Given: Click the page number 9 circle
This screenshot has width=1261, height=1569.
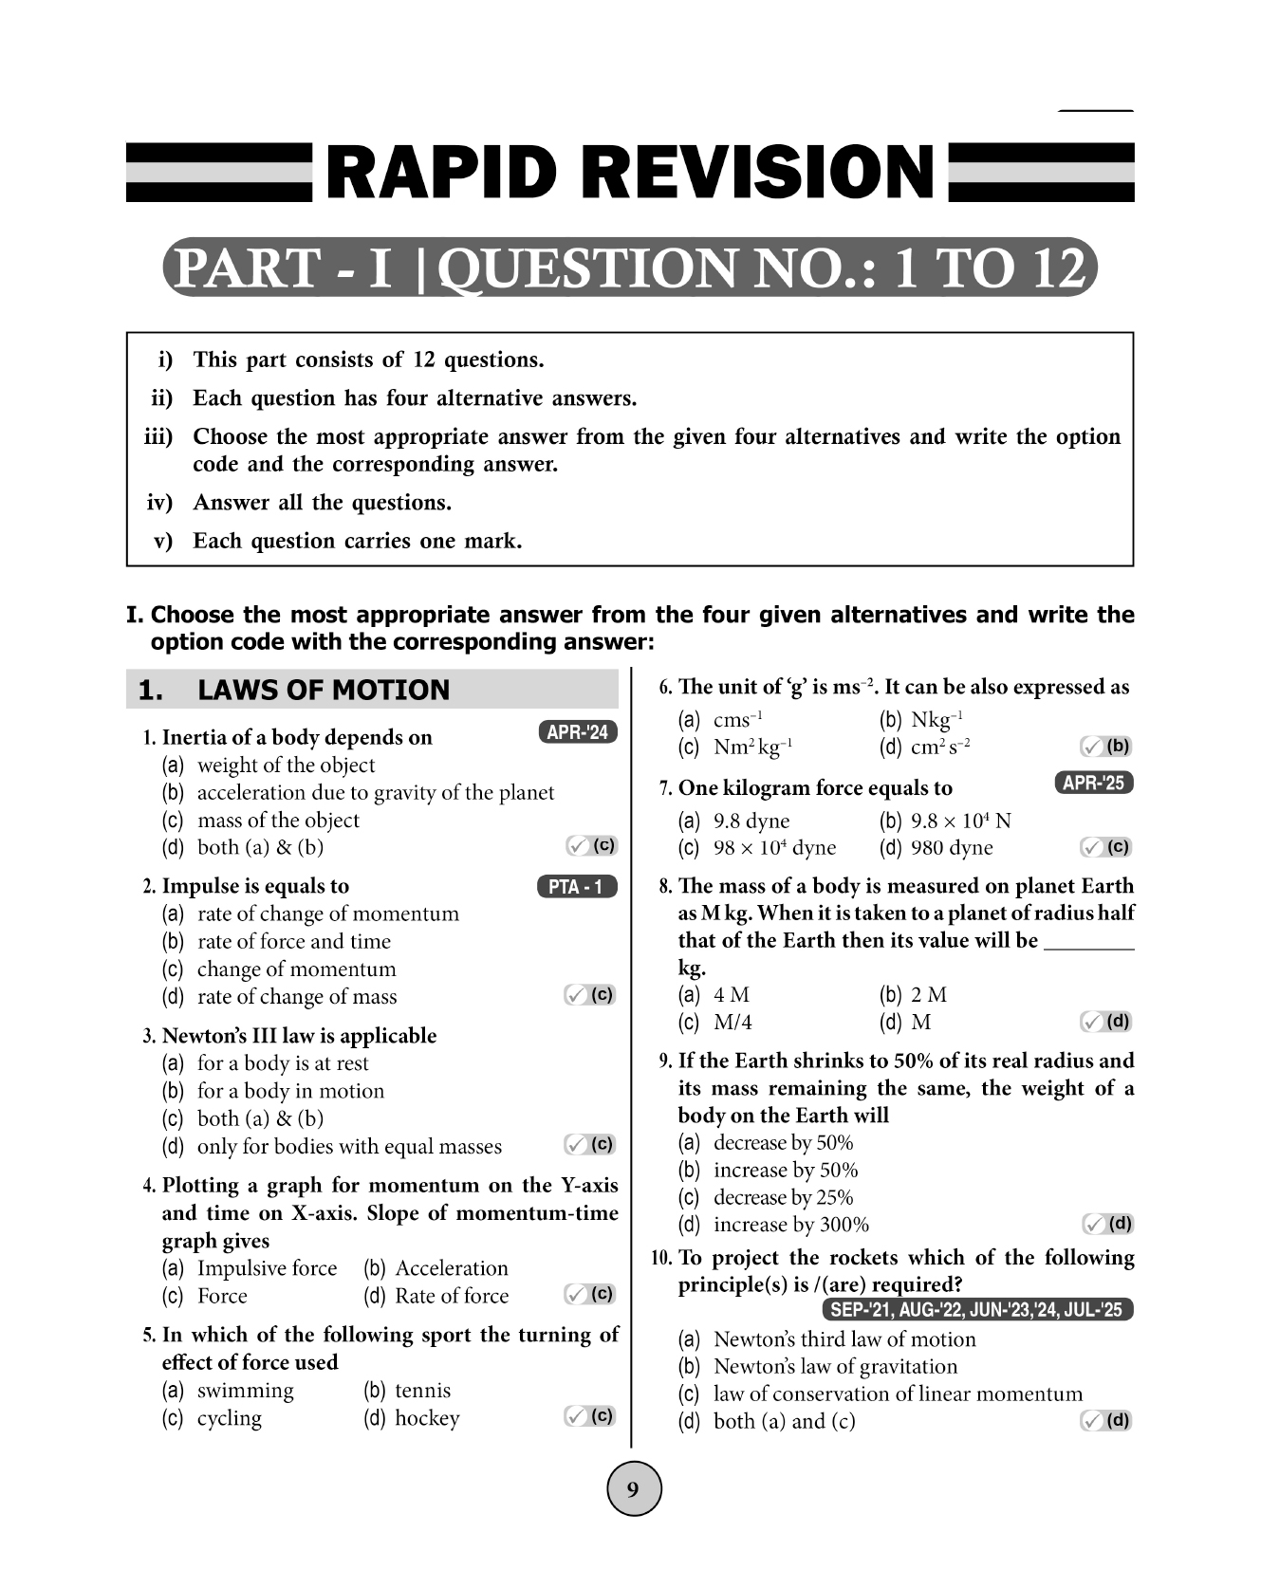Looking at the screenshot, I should tap(633, 1488).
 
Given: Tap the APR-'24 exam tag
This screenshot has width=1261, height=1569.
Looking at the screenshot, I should tap(577, 732).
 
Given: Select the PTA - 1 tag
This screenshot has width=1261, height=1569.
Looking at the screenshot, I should tap(576, 887).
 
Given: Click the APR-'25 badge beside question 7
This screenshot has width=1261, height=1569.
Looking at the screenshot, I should tap(1093, 783).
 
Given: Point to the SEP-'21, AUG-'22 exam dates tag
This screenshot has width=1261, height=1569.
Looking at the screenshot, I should tap(976, 1310).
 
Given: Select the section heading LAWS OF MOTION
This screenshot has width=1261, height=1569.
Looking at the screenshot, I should tap(323, 690).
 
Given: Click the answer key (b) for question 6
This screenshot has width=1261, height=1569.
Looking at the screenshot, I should tap(1106, 747).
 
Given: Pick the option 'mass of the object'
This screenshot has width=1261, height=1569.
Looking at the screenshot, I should tap(278, 821).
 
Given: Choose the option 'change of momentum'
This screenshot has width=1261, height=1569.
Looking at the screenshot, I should tap(296, 969).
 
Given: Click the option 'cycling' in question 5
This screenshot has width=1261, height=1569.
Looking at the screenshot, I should tap(230, 1418).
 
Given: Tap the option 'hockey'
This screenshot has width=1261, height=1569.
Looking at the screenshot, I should tap(427, 1418).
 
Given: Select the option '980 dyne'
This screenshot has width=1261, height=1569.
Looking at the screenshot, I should tap(952, 848).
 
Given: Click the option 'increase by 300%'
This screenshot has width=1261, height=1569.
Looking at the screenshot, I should tap(790, 1226).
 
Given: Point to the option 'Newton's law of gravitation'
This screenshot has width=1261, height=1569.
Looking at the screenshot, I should tap(835, 1367).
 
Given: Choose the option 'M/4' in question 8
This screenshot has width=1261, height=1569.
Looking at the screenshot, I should tap(732, 1023).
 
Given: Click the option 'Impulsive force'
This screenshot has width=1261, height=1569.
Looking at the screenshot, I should tap(267, 1269).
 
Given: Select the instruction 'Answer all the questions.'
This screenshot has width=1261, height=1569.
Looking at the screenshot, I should tap(322, 503).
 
